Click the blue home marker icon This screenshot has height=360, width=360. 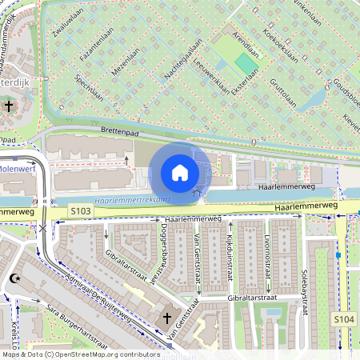click(179, 172)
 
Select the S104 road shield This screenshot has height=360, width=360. click(343, 318)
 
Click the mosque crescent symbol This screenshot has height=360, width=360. click(14, 279)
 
